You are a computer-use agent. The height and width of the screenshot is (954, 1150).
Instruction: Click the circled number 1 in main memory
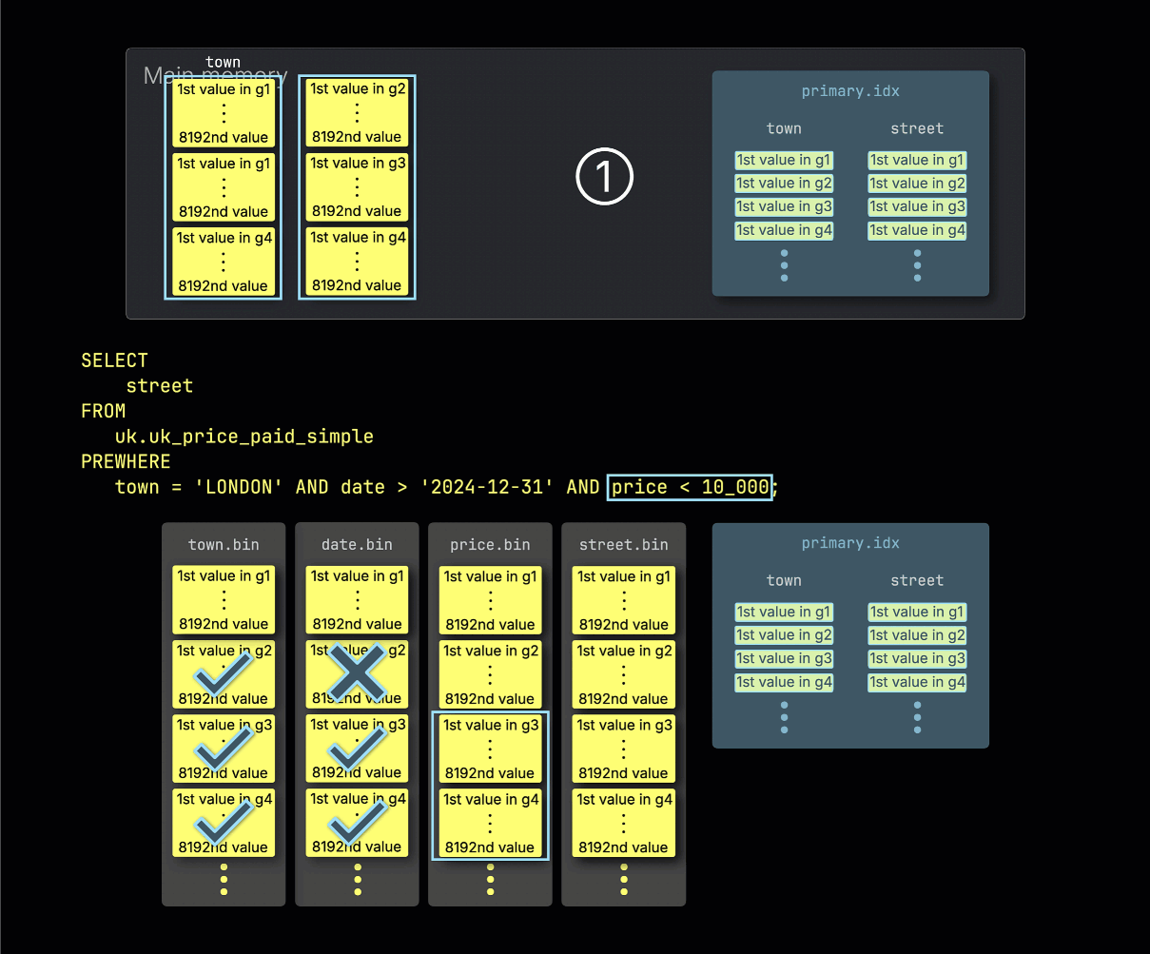[605, 178]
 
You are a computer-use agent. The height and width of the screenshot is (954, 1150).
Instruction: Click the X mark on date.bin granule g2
[357, 673]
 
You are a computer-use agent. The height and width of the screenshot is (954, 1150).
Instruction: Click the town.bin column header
[224, 545]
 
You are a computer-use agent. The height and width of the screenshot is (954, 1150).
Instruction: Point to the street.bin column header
[623, 545]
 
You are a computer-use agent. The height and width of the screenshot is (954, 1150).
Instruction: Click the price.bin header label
[490, 545]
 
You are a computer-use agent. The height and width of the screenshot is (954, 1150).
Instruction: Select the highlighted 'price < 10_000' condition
[690, 487]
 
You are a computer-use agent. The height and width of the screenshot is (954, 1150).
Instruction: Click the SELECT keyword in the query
[114, 360]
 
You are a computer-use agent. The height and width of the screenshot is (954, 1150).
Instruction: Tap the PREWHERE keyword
[126, 461]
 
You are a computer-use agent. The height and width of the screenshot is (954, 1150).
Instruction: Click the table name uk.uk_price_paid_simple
[244, 437]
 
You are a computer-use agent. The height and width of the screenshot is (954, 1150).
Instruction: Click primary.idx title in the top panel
[850, 91]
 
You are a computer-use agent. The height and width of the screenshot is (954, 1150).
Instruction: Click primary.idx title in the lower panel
[850, 543]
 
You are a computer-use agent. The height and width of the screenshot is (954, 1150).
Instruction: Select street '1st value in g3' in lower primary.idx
[917, 658]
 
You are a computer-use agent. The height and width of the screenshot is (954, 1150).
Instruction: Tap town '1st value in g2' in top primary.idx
[784, 184]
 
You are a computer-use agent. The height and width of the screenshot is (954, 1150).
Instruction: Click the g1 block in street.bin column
[623, 600]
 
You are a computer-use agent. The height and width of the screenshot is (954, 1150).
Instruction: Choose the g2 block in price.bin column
[490, 674]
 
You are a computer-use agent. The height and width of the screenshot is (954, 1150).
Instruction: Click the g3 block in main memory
[357, 186]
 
